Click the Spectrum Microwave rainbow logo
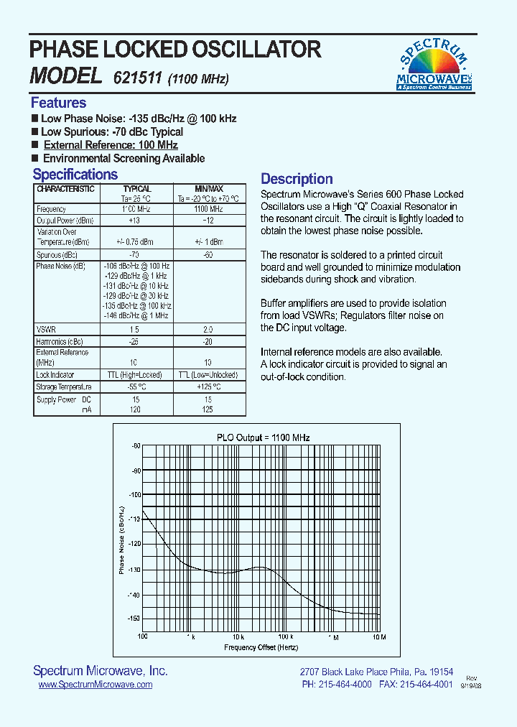434,64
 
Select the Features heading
58,103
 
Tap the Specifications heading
75,175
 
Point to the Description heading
297,179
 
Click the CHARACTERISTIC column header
65,189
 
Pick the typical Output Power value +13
134,221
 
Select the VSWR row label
45,328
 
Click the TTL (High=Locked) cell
134,375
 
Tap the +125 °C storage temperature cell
208,387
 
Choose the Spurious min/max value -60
208,255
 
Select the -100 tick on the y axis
134,495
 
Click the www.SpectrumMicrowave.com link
95,685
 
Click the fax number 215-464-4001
427,685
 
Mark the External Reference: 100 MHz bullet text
111,145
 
